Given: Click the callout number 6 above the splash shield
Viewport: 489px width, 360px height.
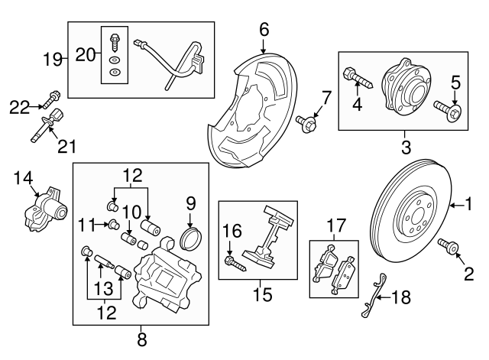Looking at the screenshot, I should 264,30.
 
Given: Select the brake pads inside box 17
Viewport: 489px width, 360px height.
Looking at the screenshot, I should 334,268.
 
